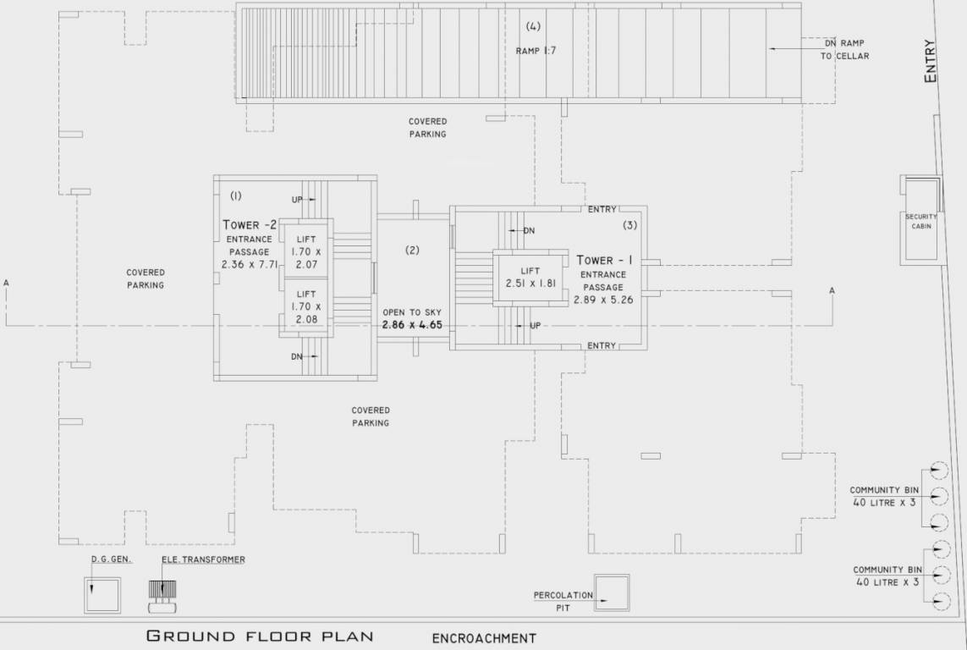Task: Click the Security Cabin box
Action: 921,220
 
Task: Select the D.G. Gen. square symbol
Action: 102,594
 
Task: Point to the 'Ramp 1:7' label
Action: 536,51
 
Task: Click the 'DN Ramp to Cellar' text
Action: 844,49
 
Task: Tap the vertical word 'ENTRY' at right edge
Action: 931,61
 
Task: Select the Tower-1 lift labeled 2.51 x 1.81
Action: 530,277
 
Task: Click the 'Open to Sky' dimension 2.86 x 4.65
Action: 412,324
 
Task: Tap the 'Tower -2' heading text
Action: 250,225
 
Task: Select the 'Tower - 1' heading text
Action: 607,260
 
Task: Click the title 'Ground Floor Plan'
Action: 259,636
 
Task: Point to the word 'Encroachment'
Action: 484,638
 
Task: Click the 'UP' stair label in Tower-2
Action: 297,200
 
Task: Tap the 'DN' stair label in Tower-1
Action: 529,230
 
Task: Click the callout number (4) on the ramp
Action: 533,25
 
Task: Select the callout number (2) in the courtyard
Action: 412,250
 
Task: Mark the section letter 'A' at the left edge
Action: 6,282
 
